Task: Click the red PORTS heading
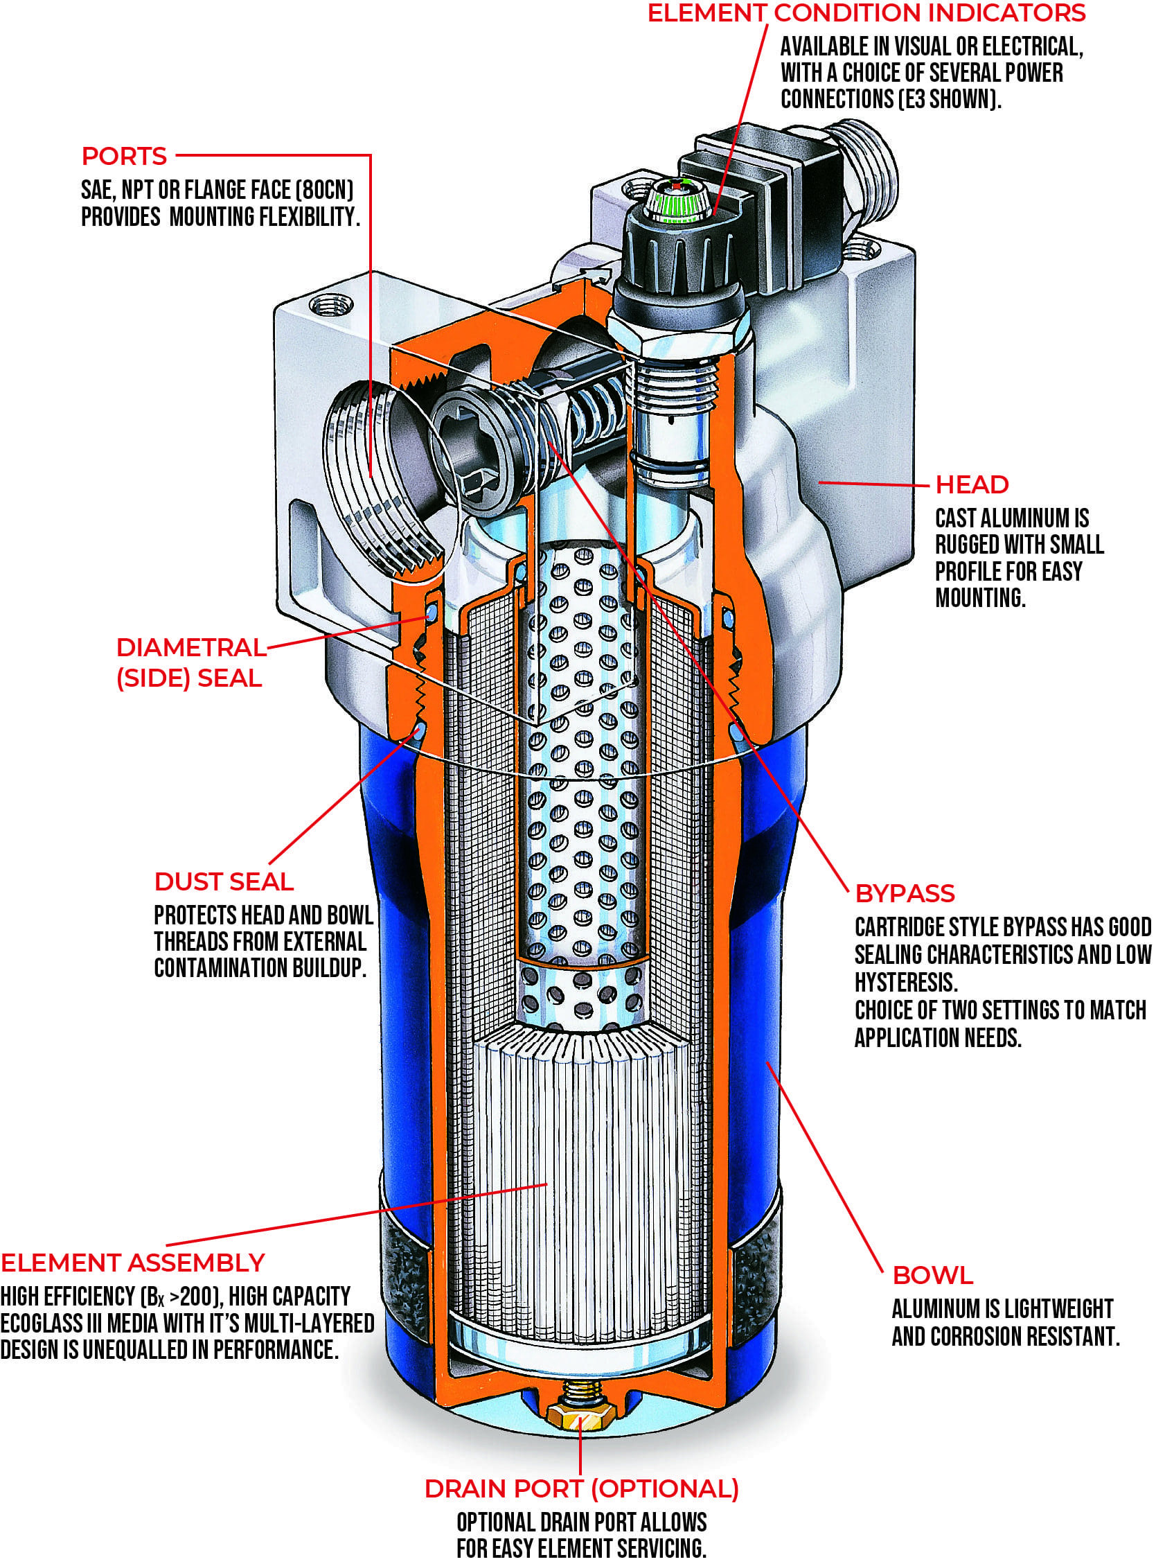click(124, 156)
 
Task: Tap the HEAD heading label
click(971, 484)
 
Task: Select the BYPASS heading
click(904, 893)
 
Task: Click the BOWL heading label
click(932, 1275)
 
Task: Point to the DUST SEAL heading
click(224, 881)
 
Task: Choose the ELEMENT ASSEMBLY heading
click(132, 1263)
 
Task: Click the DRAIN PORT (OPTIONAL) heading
click(581, 1488)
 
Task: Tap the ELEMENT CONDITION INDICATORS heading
click(866, 13)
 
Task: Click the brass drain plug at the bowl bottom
click(581, 1417)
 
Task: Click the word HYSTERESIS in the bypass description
click(905, 982)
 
